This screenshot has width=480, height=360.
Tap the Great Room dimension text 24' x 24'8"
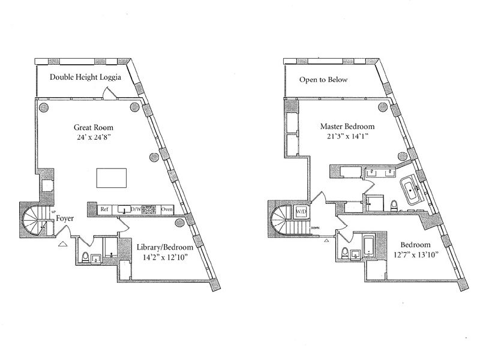[94, 138]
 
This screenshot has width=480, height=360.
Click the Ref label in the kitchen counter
[104, 209]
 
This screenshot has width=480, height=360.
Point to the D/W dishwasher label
[136, 209]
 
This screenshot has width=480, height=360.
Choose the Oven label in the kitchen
[167, 209]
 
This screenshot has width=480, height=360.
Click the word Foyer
[65, 219]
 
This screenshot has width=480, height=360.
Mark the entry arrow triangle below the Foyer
[62, 244]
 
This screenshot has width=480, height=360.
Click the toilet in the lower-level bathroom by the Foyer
[85, 258]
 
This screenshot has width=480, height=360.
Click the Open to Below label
[323, 79]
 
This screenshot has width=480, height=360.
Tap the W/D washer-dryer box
[301, 211]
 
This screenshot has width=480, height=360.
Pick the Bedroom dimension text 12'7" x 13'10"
[415, 256]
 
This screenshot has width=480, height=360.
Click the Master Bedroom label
[347, 127]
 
